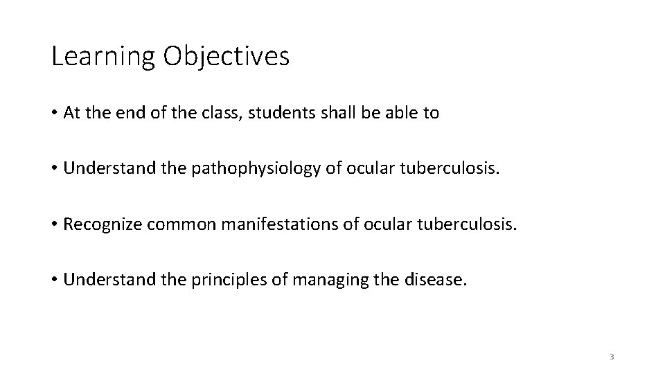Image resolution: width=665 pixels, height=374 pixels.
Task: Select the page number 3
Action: point(612,356)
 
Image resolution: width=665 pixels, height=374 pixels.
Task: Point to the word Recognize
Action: point(102,225)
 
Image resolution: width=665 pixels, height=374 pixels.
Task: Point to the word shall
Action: point(337,114)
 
